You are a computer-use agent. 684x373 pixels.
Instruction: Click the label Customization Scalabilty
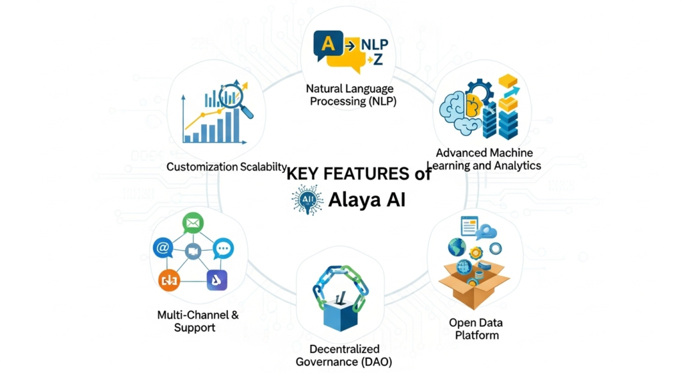point(226,167)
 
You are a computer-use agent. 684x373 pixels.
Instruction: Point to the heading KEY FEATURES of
point(359,175)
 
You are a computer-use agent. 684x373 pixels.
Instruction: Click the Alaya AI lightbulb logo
point(307,200)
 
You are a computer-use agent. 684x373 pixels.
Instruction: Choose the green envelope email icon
point(192,223)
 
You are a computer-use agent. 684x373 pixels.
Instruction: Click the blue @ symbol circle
point(162,248)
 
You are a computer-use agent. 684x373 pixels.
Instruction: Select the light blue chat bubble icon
point(223,248)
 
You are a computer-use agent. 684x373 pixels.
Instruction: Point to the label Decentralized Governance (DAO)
point(344,356)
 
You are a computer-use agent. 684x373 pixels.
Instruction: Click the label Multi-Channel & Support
point(198,321)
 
